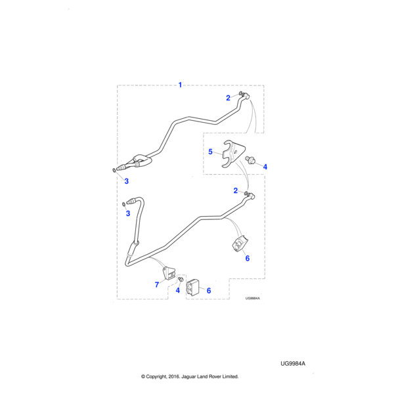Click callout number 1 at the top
(180, 85)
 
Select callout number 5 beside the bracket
(210, 152)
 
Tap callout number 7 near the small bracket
(157, 285)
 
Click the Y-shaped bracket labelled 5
(233, 154)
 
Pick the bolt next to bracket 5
(250, 160)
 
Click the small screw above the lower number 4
(180, 279)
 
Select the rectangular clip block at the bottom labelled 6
(192, 288)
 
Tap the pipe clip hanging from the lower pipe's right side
(240, 244)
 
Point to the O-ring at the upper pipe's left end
(114, 170)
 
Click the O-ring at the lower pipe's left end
(124, 204)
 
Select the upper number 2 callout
(228, 98)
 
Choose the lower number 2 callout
(236, 190)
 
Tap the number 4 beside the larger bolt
(265, 167)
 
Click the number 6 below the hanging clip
(248, 258)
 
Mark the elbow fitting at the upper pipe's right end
(245, 95)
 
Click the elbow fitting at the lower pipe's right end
(251, 195)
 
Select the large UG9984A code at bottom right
(293, 364)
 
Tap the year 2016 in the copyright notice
(173, 377)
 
